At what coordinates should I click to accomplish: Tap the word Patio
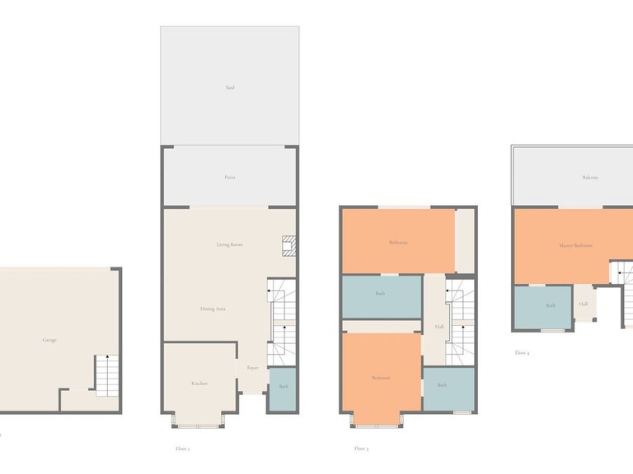(x=230, y=177)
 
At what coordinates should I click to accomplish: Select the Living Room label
(x=230, y=244)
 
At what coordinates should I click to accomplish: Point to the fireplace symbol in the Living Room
(x=288, y=245)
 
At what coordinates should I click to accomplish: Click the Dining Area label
(x=213, y=309)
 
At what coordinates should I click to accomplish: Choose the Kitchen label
(x=199, y=383)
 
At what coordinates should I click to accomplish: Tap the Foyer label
(x=252, y=368)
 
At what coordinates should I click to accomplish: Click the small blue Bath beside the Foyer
(x=283, y=386)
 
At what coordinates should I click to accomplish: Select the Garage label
(x=50, y=339)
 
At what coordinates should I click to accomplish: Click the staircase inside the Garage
(x=108, y=375)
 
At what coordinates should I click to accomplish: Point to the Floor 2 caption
(x=183, y=448)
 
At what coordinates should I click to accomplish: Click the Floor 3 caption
(x=361, y=448)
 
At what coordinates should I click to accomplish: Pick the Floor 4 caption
(x=523, y=353)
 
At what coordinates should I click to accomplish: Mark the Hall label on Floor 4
(x=584, y=304)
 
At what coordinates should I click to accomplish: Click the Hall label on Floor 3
(x=439, y=326)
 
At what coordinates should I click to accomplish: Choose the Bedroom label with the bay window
(x=380, y=378)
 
